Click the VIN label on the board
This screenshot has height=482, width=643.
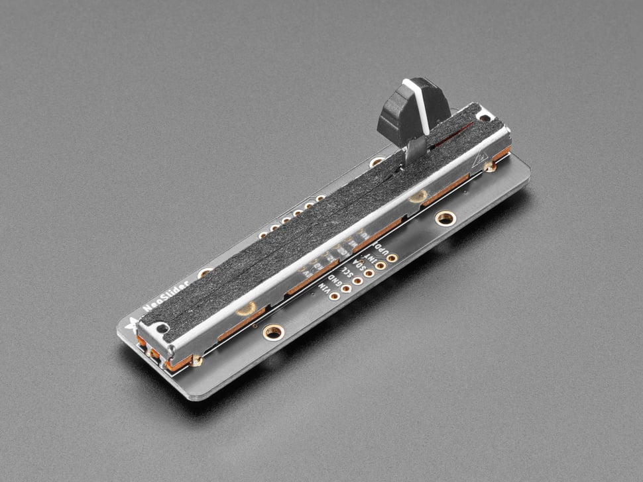(325, 287)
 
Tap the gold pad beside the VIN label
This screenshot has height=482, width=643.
(335, 296)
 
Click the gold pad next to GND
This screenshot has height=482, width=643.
(346, 289)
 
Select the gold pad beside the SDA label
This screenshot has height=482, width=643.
(369, 273)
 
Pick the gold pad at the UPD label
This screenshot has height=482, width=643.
(392, 258)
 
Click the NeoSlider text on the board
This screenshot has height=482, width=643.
(166, 295)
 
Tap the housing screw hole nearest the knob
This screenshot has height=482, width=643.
(486, 117)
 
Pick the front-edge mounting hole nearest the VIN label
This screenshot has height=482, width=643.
(272, 331)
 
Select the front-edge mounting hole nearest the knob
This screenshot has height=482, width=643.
(445, 218)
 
